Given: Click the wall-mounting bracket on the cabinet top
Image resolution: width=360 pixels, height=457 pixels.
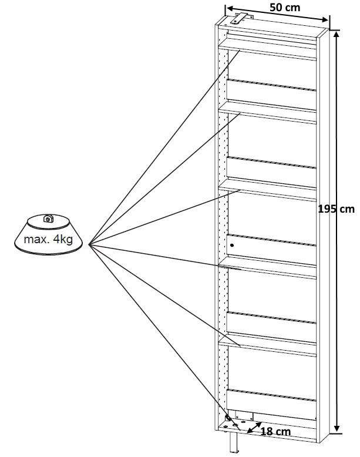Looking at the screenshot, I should pos(239,17).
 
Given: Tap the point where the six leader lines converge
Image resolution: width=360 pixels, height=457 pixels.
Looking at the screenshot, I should pos(88,245).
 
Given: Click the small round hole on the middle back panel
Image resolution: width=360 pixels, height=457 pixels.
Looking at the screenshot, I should pos(233,244).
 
